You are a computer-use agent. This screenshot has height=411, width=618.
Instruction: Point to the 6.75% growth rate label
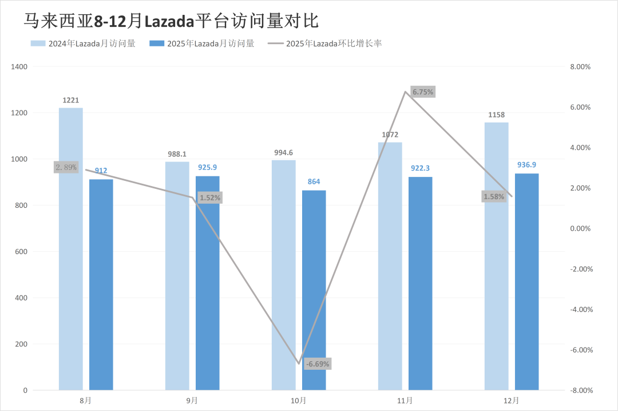point(423,92)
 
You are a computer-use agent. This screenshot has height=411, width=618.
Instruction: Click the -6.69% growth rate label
point(318,364)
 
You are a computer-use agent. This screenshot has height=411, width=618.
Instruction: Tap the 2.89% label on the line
point(66,167)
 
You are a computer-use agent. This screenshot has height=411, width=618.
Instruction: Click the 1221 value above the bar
point(70,101)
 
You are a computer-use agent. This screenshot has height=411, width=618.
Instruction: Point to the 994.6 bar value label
point(283,152)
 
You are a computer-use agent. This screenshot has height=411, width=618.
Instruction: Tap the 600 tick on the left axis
point(21,252)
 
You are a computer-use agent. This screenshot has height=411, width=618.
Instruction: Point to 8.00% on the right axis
point(580,67)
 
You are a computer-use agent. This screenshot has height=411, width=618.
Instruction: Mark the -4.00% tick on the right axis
point(579,310)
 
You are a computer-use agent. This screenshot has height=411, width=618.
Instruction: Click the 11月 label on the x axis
point(405,401)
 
